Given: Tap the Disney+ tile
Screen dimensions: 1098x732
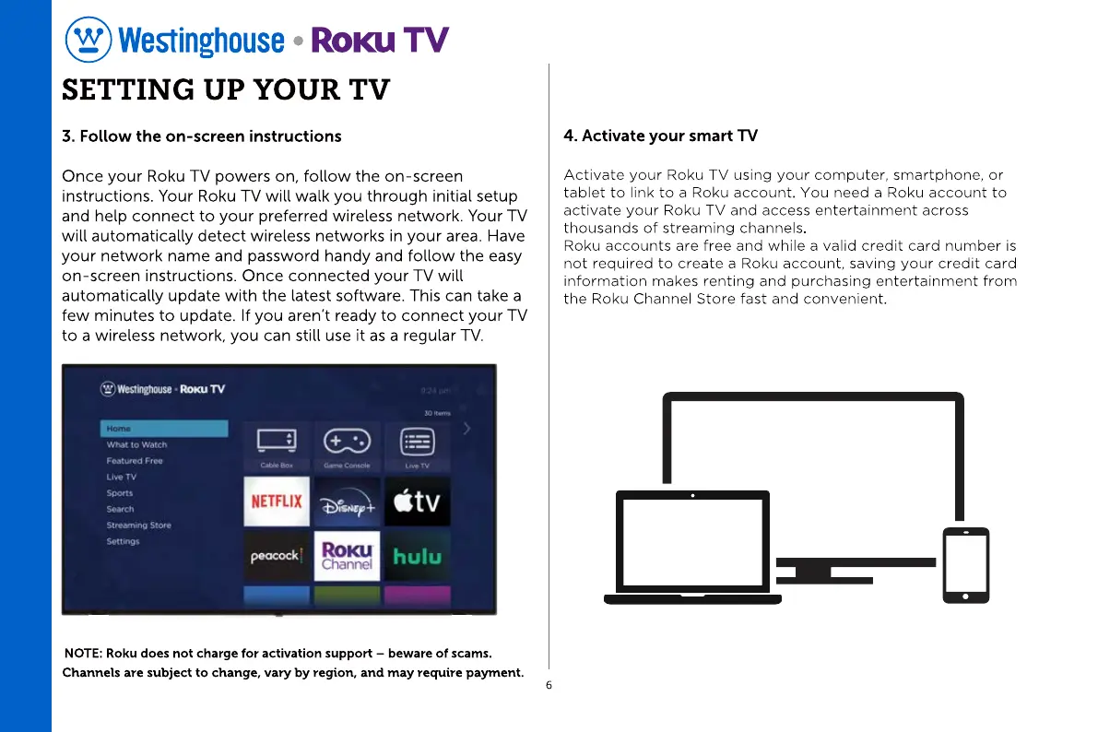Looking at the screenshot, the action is (x=347, y=502).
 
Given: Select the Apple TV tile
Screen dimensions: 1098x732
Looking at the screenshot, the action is (x=417, y=502).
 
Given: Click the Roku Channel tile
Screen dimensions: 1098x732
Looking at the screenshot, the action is (x=347, y=555).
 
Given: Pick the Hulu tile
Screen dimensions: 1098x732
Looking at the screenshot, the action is (x=417, y=555).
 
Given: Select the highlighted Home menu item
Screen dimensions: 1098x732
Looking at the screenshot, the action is (x=164, y=429).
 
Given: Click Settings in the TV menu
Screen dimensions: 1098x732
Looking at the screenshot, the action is (x=124, y=541).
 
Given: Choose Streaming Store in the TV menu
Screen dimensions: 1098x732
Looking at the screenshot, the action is (x=138, y=525).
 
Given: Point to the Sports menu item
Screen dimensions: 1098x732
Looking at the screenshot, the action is (x=120, y=493).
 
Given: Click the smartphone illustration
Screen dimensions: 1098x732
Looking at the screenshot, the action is (x=965, y=564).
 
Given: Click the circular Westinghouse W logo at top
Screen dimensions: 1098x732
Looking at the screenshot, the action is (x=89, y=41).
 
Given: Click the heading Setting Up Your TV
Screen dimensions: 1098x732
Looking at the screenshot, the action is (x=226, y=91).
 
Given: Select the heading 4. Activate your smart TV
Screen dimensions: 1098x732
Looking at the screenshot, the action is (x=660, y=136).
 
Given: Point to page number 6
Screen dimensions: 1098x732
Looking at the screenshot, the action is (x=549, y=686).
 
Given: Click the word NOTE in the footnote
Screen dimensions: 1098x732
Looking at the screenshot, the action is (x=83, y=654).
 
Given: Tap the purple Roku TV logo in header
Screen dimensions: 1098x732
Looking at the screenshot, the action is (x=380, y=41).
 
